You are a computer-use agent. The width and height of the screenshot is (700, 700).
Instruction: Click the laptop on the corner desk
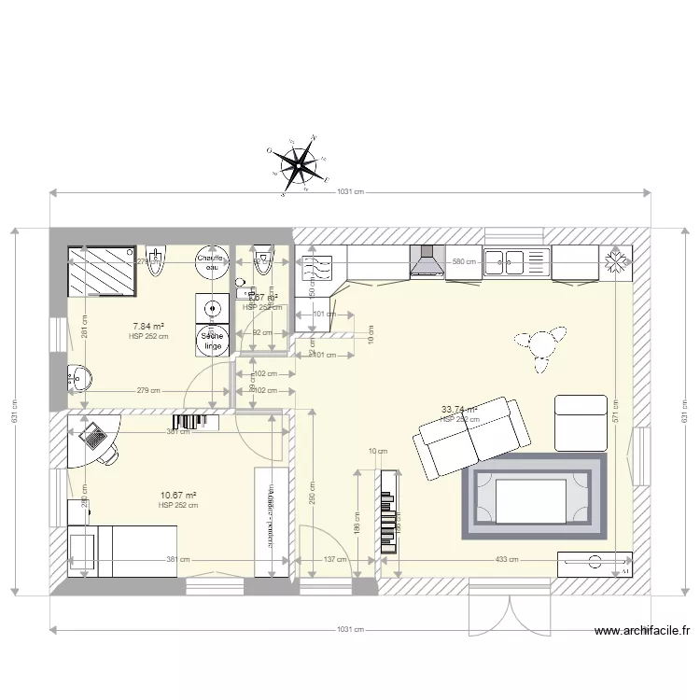[93, 437]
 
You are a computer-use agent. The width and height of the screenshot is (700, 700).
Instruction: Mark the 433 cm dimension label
[481, 560]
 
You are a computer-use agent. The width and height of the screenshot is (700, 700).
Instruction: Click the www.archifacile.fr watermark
[643, 631]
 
